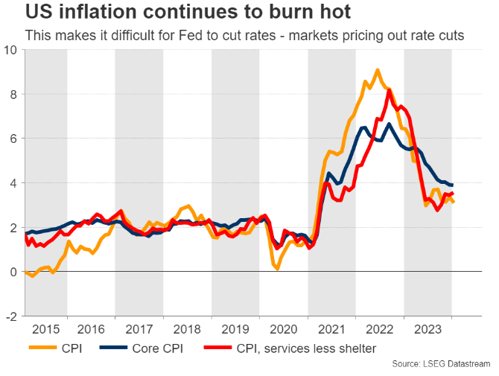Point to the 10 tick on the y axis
tap(11, 50)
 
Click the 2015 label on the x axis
tap(46, 328)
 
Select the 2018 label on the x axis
tap(188, 328)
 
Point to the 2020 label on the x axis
tap(284, 328)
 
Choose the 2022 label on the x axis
tap(380, 328)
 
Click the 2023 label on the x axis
tap(428, 328)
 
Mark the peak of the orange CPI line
tap(378, 71)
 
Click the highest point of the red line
tap(390, 90)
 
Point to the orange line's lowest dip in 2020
tap(277, 268)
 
